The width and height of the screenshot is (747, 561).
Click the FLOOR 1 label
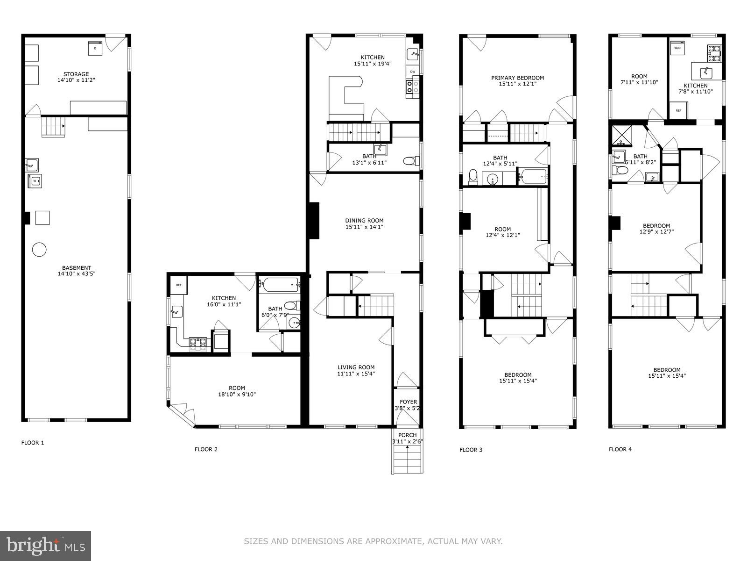33,442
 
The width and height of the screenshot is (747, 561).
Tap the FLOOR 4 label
620,449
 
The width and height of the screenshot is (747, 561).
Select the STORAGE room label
76,74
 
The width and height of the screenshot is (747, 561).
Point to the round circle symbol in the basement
39,250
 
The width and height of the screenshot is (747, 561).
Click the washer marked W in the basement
35,180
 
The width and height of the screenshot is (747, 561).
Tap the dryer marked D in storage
95,48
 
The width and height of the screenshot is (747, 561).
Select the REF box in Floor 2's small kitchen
178,285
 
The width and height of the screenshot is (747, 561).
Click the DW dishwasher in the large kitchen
413,72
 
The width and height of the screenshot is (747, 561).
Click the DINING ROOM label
364,221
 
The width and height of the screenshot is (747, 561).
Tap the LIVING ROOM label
356,367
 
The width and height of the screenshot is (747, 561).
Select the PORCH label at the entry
407,435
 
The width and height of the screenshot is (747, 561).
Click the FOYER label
408,402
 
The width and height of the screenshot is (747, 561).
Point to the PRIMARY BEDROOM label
517,78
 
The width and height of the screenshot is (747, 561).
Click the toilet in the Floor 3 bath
472,177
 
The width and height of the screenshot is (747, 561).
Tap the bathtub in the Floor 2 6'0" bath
279,283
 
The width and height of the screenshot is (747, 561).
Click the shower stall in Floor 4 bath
621,134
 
